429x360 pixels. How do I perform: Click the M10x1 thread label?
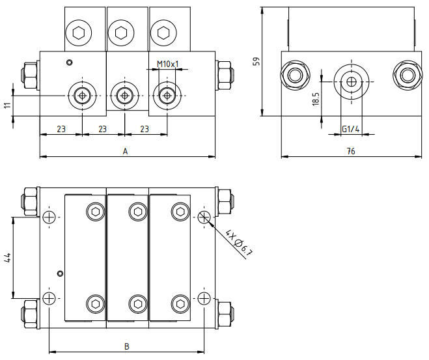tap(167, 64)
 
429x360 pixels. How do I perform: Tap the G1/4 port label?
tap(350, 129)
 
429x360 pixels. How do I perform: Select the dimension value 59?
tap(256, 61)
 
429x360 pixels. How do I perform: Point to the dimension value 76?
tap(351, 151)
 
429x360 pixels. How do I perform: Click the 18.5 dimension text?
tap(316, 99)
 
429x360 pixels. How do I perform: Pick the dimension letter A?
tap(125, 151)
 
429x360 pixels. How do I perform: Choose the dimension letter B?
tap(126, 346)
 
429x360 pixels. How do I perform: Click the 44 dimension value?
tap(8, 258)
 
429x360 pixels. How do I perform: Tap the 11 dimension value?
tap(8, 105)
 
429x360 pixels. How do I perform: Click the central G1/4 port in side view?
tap(351, 81)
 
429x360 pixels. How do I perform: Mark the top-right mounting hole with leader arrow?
tap(204, 217)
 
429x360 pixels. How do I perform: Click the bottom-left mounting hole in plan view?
tap(49, 298)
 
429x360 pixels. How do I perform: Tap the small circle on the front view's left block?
tap(70, 62)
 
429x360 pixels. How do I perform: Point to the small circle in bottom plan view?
tap(60, 273)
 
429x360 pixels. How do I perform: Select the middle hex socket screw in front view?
tap(121, 33)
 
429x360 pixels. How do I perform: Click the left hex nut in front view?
tap(29, 76)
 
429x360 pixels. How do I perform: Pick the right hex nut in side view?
tap(408, 75)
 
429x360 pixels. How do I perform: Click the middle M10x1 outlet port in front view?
tap(125, 96)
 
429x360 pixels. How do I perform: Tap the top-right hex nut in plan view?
tap(225, 202)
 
